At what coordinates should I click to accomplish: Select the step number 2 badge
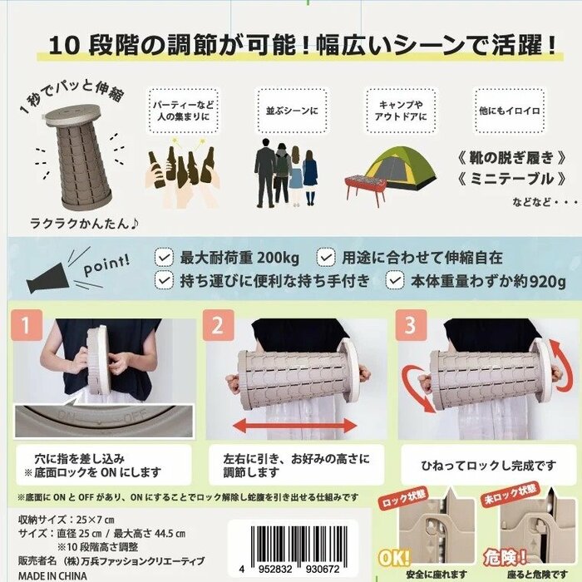(x=218, y=326)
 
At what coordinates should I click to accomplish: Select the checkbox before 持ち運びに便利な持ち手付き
(x=165, y=281)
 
